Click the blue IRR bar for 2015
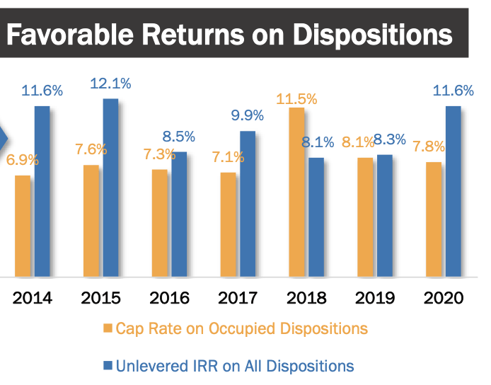pos(110,188)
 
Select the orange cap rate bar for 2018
pos(296,191)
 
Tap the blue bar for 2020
pos(453,191)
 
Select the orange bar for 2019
pos(365,217)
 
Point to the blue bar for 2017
pos(248,204)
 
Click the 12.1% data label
pos(110,84)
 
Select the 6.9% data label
pos(23,160)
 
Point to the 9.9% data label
pos(247,115)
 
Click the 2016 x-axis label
pos(171,297)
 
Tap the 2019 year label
pos(376,297)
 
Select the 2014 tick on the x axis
pos(33,297)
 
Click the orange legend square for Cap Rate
pos(108,329)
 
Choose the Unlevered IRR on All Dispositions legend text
pos(235,366)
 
